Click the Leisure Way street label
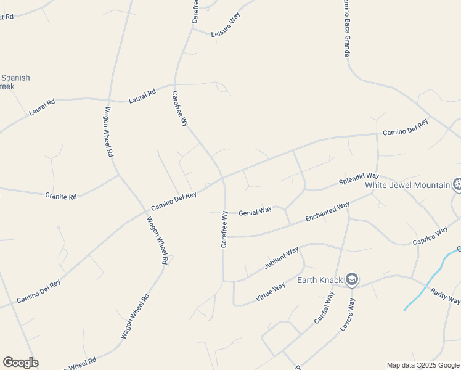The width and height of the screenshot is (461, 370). pyautogui.click(x=225, y=25)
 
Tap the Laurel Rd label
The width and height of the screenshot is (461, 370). pyautogui.click(x=42, y=108)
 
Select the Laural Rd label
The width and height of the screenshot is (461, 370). pyautogui.click(x=142, y=96)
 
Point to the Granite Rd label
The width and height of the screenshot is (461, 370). pyautogui.click(x=61, y=197)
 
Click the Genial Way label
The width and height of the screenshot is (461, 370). pyautogui.click(x=255, y=210)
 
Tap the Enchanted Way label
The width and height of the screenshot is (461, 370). pyautogui.click(x=327, y=211)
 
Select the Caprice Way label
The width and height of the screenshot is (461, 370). pyautogui.click(x=430, y=235)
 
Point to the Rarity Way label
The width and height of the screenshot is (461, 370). pyautogui.click(x=445, y=296)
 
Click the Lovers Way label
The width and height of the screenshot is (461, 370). pyautogui.click(x=348, y=314)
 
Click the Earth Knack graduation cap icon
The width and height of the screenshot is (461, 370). pyautogui.click(x=352, y=279)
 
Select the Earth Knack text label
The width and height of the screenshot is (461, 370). pyautogui.click(x=320, y=280)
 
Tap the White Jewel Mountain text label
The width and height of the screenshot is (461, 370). pyautogui.click(x=407, y=184)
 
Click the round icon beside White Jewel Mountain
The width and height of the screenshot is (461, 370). pyautogui.click(x=457, y=184)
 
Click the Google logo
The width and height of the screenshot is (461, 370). pyautogui.click(x=20, y=363)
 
